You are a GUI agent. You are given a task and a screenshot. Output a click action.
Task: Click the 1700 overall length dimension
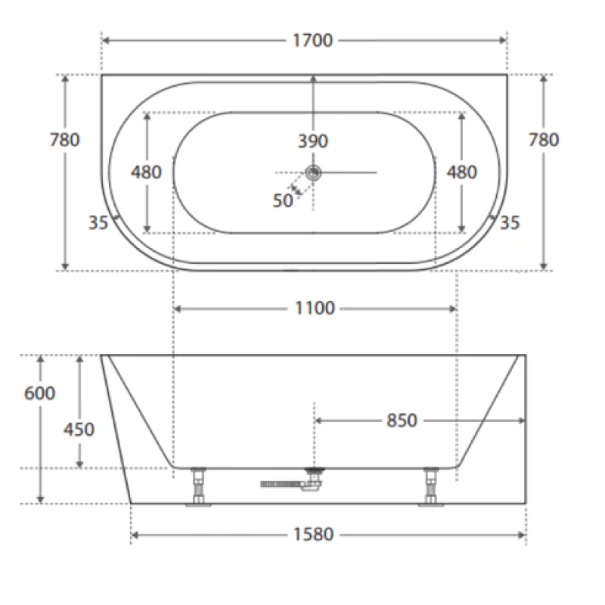coord(312,40)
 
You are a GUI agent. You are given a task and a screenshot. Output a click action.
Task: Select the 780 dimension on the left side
coord(64,140)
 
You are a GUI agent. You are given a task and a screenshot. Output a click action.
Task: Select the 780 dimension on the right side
coord(544,140)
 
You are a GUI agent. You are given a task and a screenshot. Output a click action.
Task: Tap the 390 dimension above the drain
coord(312,141)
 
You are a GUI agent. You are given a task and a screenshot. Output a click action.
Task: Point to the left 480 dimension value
coord(146,172)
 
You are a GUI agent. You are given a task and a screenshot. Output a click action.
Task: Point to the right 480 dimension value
coord(462,172)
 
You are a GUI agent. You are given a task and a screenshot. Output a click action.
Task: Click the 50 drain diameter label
coord(283,200)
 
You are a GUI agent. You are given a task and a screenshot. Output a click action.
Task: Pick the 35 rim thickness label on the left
coord(98,222)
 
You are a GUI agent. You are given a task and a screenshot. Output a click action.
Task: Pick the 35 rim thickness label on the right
coord(510,222)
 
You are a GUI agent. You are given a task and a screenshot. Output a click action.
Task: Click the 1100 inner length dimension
coord(315,309)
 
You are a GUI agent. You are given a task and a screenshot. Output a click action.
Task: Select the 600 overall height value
coord(39,393)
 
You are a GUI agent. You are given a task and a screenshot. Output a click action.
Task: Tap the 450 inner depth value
coord(79,429)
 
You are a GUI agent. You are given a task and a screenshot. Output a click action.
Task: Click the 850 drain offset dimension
coord(402,420)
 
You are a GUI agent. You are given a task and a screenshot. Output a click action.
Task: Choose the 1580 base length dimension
coord(312,535)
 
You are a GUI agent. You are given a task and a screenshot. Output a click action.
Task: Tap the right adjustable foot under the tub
coord(431,488)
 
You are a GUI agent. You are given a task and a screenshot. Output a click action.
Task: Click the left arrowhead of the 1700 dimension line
coord(106,40)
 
